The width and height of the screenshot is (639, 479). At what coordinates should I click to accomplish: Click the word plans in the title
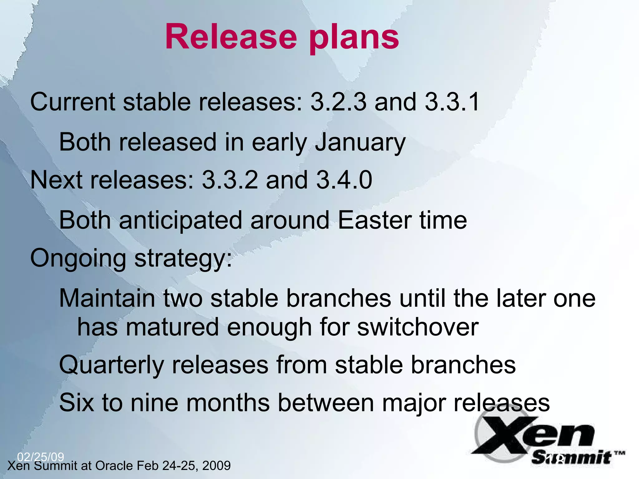[354, 39]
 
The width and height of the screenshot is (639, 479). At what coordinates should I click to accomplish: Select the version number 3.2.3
[338, 102]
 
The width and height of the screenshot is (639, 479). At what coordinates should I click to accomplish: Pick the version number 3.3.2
[230, 180]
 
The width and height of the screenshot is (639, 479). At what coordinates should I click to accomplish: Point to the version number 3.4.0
[344, 180]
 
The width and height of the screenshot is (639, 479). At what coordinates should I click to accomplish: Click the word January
[360, 143]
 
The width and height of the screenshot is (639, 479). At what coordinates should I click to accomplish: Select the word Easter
[374, 220]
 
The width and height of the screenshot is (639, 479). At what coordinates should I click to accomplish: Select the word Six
[76, 403]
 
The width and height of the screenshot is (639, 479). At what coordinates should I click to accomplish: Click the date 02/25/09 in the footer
[41, 457]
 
